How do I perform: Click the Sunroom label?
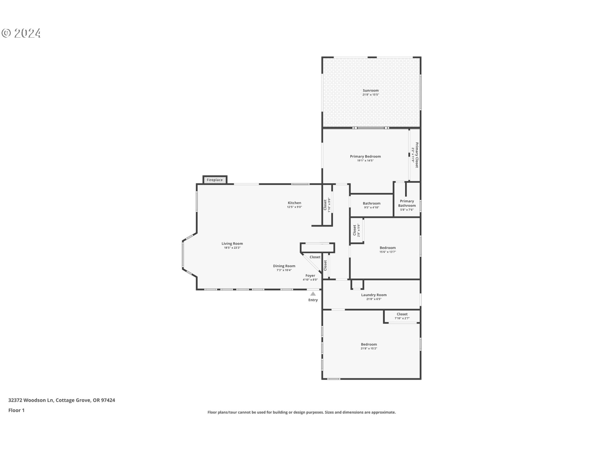(x=371, y=90)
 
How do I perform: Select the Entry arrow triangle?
(x=313, y=294)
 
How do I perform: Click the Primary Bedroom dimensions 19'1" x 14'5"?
(x=365, y=161)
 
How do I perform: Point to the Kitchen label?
(x=294, y=203)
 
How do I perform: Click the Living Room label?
(x=232, y=244)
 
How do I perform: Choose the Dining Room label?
(x=284, y=266)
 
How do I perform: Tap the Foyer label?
(x=310, y=276)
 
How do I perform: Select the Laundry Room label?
(x=374, y=295)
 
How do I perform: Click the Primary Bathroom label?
(x=407, y=203)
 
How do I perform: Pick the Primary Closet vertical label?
(x=417, y=155)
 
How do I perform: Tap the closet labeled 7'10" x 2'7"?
(x=402, y=316)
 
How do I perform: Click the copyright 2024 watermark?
(x=21, y=33)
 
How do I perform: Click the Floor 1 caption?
(x=16, y=410)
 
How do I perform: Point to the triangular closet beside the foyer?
(x=314, y=257)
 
